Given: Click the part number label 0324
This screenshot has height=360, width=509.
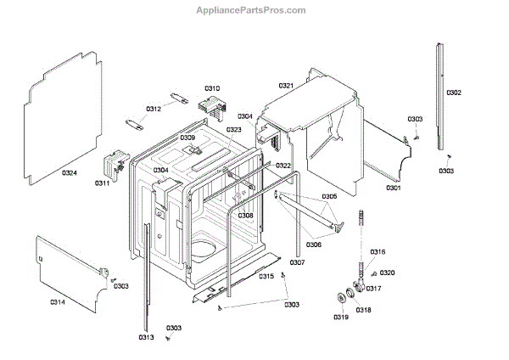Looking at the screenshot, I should tap(70, 173).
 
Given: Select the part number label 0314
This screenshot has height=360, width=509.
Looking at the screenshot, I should tap(59, 301).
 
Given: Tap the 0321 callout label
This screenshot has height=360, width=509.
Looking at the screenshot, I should tap(285, 86).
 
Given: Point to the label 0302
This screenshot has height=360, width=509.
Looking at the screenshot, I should tap(454, 92).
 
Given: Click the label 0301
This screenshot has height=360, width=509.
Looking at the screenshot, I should tap(394, 187).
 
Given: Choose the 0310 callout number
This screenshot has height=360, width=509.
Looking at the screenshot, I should tap(212, 88).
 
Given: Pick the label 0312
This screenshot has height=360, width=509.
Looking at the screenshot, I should tap(154, 109).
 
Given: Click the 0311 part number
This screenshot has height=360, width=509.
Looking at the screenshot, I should tap(103, 183).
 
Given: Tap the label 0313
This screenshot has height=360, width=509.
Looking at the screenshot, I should tap(146, 337).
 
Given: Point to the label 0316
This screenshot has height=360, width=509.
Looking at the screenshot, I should tap(378, 251).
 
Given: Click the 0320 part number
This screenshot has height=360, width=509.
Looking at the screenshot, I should tap(388, 273).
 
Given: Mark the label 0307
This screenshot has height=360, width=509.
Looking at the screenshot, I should tap(297, 262).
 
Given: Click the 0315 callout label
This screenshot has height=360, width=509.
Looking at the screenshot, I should tap(266, 277).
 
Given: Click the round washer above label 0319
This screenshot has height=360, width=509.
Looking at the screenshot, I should tap(343, 297).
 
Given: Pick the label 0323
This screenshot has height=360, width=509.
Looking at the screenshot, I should tap(234, 130).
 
